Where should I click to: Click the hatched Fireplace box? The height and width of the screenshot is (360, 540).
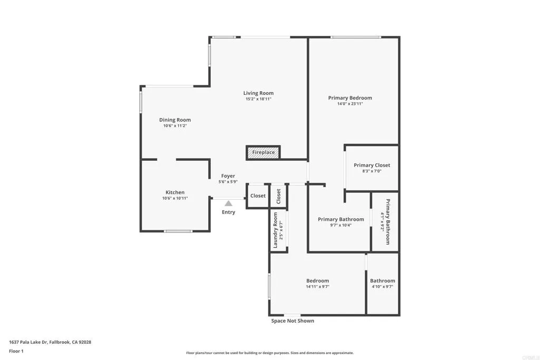(263, 152)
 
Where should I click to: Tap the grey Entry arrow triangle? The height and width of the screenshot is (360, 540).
(228, 203)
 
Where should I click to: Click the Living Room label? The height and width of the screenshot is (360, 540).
(258, 93)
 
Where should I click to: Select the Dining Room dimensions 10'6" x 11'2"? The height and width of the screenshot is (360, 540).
(175, 126)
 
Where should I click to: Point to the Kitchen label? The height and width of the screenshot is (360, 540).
(175, 192)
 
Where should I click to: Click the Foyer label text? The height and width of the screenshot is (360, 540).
(228, 176)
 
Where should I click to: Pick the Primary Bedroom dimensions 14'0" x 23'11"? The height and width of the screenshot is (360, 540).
(350, 104)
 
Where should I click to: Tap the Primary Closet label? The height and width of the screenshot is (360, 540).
(372, 165)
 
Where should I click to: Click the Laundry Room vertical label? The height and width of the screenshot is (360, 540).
(275, 230)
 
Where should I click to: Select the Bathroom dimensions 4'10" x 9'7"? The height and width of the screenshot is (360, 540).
(382, 287)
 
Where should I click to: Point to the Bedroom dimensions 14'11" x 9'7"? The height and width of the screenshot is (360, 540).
(317, 287)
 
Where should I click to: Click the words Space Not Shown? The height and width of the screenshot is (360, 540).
(292, 321)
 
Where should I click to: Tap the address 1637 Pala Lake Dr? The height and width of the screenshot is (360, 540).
(28, 342)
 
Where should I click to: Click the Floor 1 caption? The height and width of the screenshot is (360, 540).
(16, 351)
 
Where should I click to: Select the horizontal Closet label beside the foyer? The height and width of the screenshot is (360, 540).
(258, 196)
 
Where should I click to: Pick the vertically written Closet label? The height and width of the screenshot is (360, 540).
(278, 196)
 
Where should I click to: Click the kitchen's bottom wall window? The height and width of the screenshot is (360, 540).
(178, 231)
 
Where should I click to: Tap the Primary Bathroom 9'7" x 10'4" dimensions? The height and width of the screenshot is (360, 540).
(341, 226)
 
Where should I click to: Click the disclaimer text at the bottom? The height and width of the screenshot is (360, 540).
(270, 353)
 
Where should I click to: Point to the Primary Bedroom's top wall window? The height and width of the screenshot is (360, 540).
(356, 37)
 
